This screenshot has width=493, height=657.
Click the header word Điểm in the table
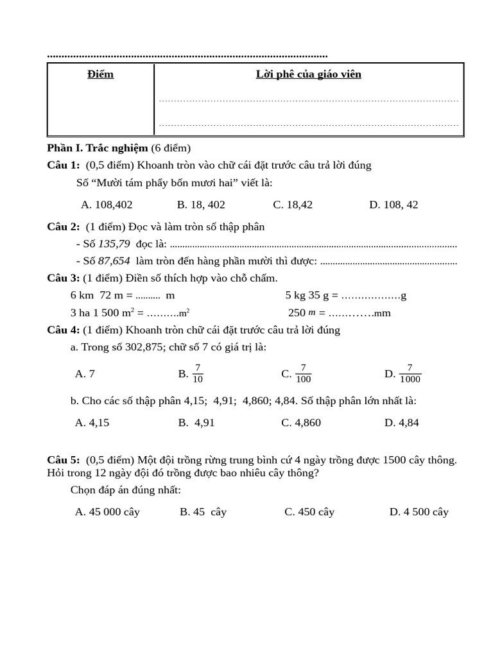pyautogui.click(x=100, y=74)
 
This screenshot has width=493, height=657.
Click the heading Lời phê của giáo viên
pyautogui.click(x=308, y=74)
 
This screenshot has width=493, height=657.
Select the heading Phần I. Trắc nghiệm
pyautogui.click(x=97, y=148)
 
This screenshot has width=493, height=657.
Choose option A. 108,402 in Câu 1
pyautogui.click(x=107, y=205)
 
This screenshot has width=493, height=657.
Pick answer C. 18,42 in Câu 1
pyautogui.click(x=293, y=205)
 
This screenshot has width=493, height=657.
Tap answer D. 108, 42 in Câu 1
pyautogui.click(x=393, y=205)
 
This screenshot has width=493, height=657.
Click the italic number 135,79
pyautogui.click(x=114, y=244)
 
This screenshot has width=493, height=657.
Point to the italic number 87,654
pyautogui.click(x=114, y=261)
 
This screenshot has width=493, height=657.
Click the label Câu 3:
pyautogui.click(x=63, y=278)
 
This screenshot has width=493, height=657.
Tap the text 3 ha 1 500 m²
pyautogui.click(x=102, y=312)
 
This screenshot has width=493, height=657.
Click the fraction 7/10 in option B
pyautogui.click(x=198, y=373)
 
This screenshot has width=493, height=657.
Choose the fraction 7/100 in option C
pyautogui.click(x=303, y=373)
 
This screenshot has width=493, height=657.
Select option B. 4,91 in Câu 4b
pyautogui.click(x=196, y=422)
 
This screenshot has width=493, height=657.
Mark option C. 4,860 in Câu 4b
pyautogui.click(x=301, y=422)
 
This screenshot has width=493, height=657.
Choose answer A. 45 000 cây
pyautogui.click(x=107, y=512)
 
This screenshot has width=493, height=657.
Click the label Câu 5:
pyautogui.click(x=63, y=460)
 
